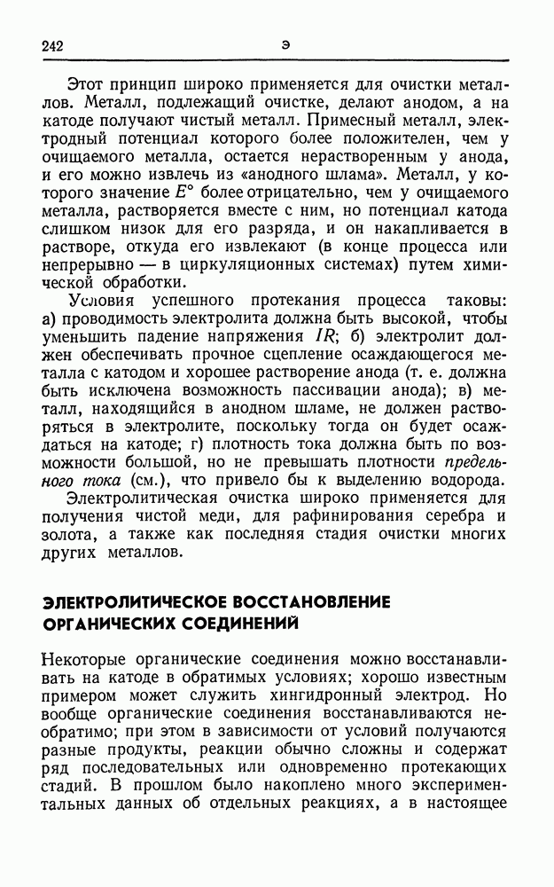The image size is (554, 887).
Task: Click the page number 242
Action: pyautogui.click(x=54, y=44)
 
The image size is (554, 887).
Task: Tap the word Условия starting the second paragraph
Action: pyautogui.click(x=100, y=299)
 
